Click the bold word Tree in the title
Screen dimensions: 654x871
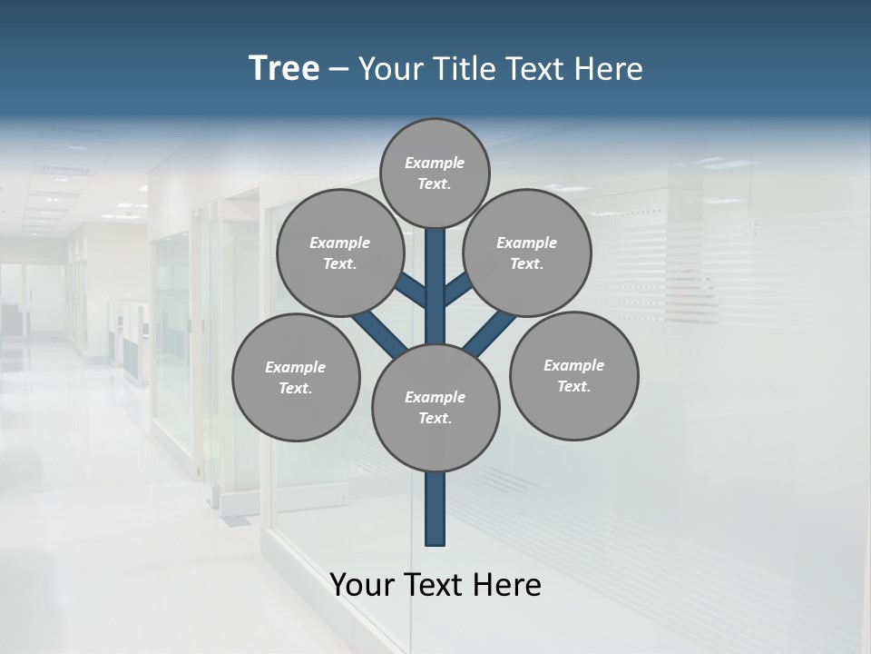(284, 69)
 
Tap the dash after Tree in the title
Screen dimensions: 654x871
(338, 69)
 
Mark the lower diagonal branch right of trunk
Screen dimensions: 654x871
(490, 334)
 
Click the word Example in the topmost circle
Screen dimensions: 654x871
(435, 163)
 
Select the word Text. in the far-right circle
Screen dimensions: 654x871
(573, 386)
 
